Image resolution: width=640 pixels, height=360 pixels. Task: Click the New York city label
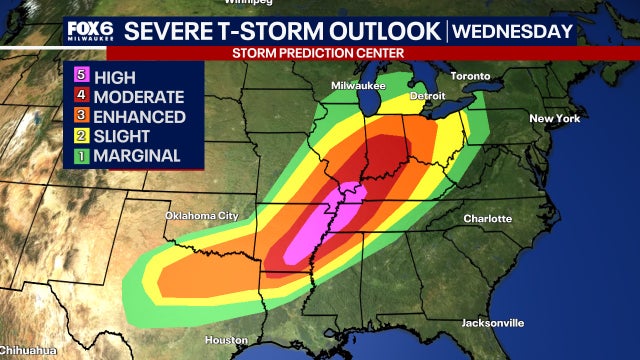click(554, 119)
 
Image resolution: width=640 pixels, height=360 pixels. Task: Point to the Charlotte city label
click(487, 218)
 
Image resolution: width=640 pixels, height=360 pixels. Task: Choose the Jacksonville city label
click(493, 323)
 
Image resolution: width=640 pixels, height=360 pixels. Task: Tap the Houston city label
click(225, 340)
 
